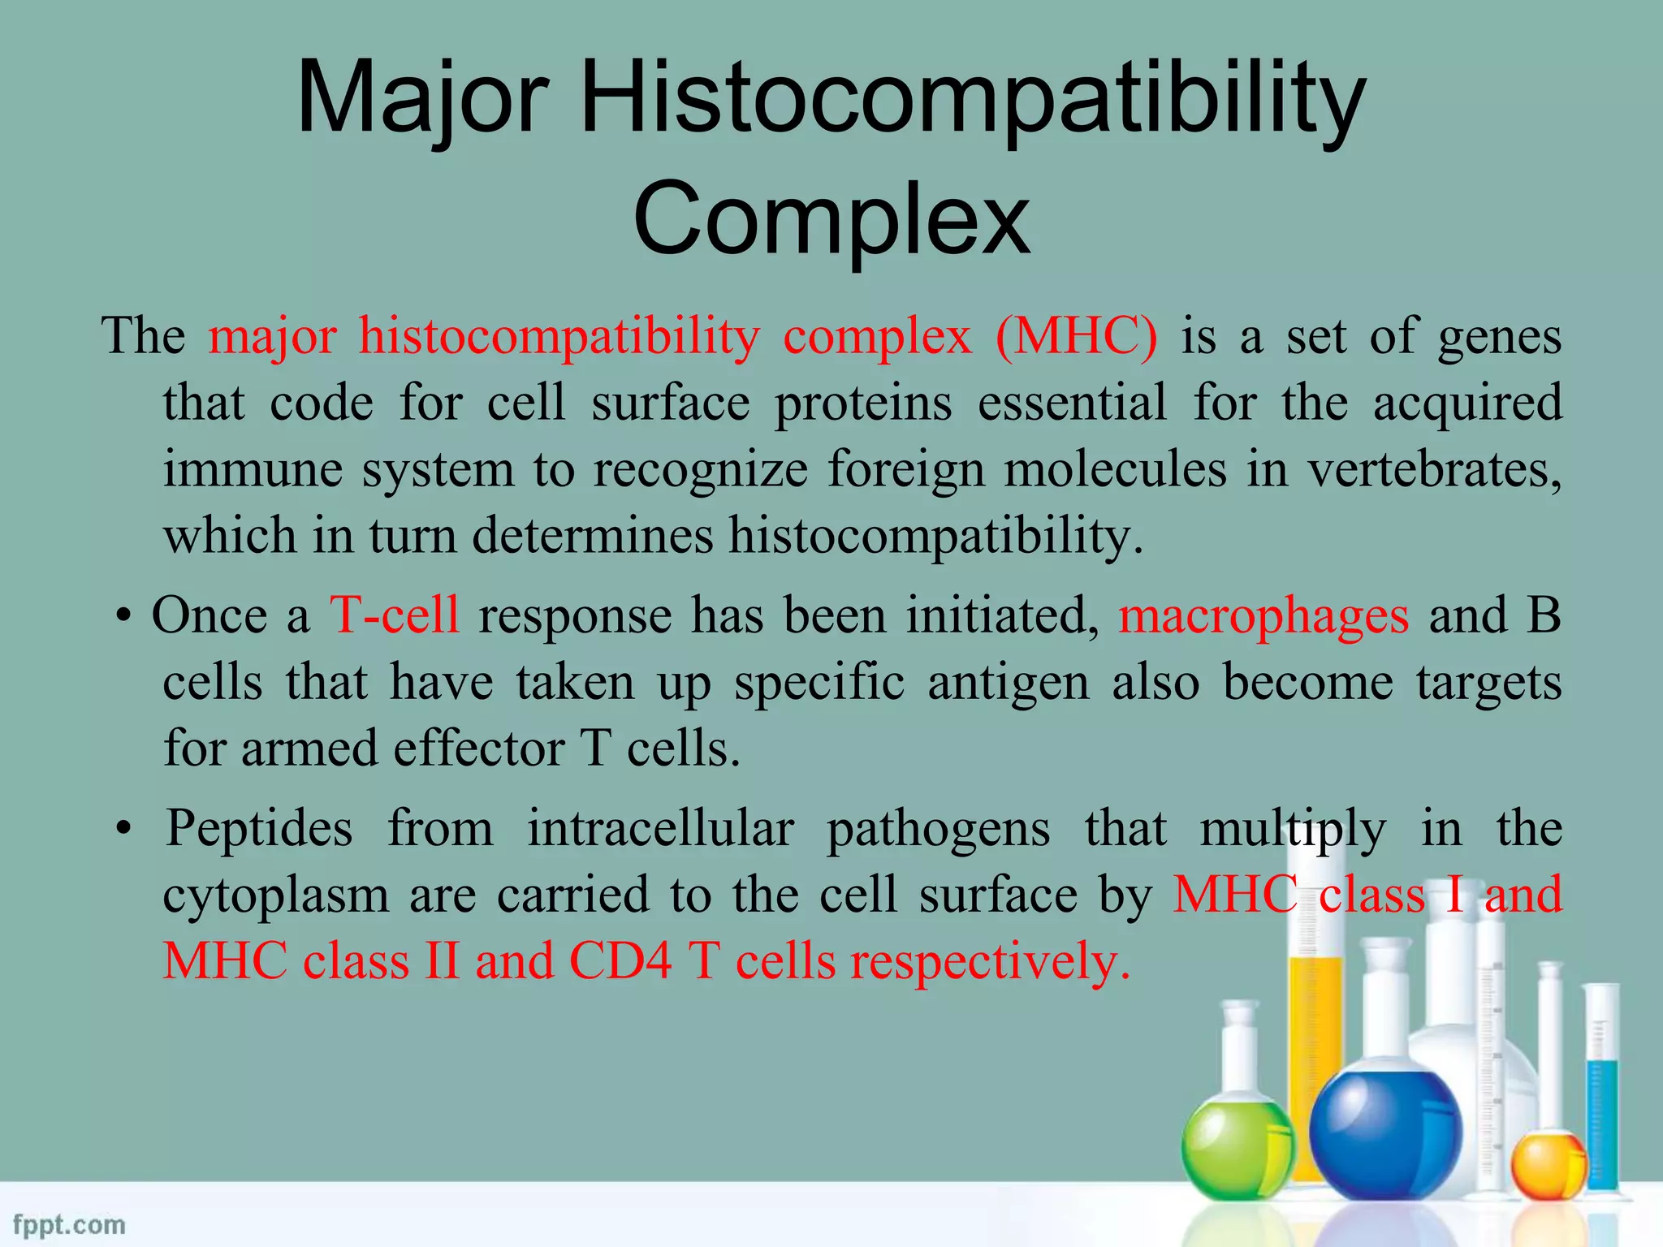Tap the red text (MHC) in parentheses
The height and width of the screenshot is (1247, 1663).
point(1077,336)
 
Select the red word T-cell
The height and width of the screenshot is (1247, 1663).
point(395,615)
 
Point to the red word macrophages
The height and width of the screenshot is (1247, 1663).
point(1263,616)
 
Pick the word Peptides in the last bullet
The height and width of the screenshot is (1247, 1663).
point(260,829)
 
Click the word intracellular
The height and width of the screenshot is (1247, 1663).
point(661,829)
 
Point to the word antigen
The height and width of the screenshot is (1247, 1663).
point(1008,682)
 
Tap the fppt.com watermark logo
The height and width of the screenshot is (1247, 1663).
point(70,1224)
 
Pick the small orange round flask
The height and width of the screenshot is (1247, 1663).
point(1548,1168)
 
